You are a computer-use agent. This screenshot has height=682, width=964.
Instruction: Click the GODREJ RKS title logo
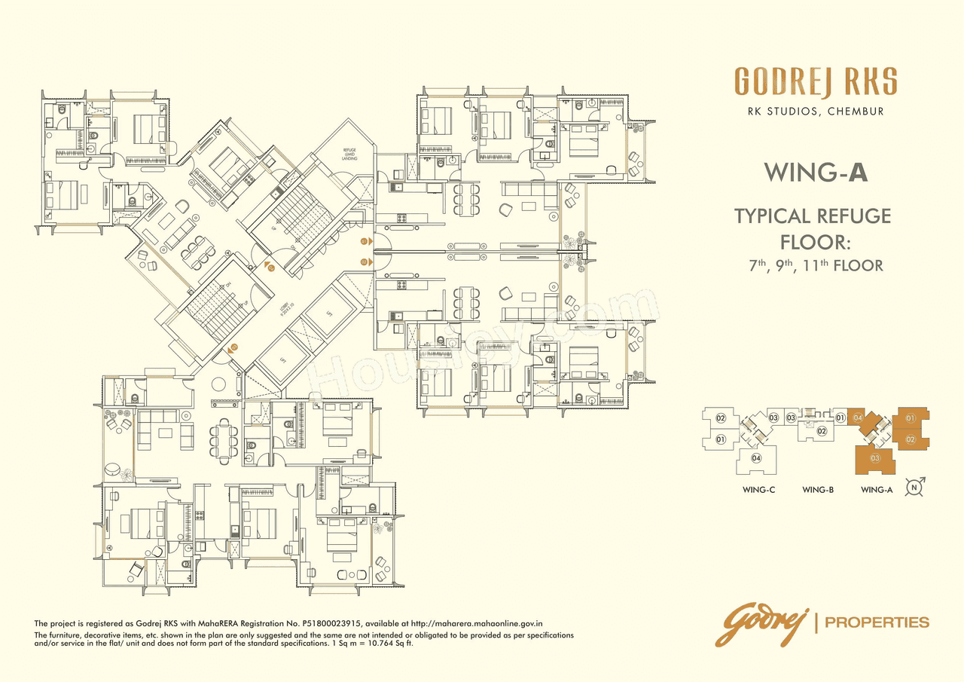point(816,82)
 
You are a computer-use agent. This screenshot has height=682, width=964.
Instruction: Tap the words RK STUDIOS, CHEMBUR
point(816,112)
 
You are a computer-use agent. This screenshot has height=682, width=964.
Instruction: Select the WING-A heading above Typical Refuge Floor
point(816,173)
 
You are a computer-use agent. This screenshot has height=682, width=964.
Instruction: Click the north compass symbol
point(914,487)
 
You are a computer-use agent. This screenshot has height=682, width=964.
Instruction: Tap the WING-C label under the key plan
point(758,490)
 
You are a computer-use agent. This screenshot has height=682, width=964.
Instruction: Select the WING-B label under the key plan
point(817,490)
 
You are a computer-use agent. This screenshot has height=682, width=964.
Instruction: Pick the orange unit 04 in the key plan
point(858,417)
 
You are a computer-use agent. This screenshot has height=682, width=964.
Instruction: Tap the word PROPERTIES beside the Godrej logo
point(877,622)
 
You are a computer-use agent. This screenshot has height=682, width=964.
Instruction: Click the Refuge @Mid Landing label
point(349,154)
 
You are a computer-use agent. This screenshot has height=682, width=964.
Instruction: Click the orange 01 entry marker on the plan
point(364,241)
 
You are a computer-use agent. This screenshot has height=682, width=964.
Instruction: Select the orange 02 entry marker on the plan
point(364,261)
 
